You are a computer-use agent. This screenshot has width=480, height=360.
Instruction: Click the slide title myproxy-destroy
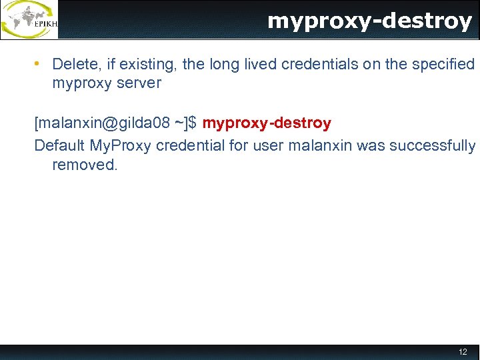[x=369, y=21]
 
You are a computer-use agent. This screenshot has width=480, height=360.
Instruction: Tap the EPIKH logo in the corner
[x=29, y=20]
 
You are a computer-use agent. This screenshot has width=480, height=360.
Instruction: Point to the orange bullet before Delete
[x=39, y=64]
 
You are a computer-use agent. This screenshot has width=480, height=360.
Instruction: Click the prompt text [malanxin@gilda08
[x=101, y=123]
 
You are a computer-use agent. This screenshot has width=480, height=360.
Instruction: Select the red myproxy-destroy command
[x=267, y=123]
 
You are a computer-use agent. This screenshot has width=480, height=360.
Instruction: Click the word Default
[x=59, y=145]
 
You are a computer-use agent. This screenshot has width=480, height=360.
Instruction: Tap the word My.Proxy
[x=121, y=145]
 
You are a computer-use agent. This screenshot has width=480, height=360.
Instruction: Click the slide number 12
[x=463, y=352]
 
